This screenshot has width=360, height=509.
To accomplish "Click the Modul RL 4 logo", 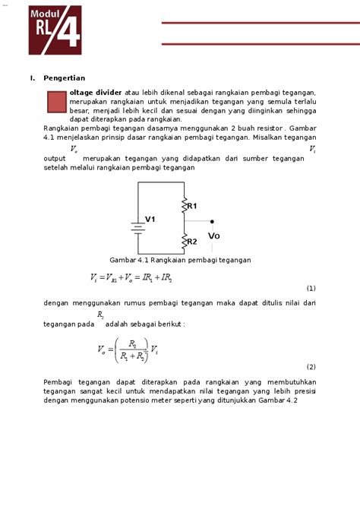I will tap(54, 30).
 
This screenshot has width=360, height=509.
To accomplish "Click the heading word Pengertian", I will tap(64, 77).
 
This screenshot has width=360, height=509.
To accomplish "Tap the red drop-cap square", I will tap(56, 102).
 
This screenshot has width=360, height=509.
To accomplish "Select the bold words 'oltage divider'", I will tap(96, 92).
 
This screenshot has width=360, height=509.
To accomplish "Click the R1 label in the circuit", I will tap(192, 206).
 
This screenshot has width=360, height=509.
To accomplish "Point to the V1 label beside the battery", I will tap(150, 220).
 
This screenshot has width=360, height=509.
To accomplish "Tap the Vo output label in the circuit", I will tap(213, 236).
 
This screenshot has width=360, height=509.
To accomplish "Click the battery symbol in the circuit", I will tap(137, 227).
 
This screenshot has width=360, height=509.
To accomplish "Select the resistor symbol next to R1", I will tap(183, 205).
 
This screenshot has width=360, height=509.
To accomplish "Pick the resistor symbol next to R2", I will tap(183, 242).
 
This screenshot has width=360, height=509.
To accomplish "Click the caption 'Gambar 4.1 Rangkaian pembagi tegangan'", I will tap(180, 260).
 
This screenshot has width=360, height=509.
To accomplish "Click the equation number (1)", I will tap(311, 289).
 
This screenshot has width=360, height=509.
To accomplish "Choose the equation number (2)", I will tap(311, 366).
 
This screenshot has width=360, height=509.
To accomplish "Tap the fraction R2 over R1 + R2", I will tap(133, 350).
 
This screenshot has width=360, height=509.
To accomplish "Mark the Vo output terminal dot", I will tap(212, 222).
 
